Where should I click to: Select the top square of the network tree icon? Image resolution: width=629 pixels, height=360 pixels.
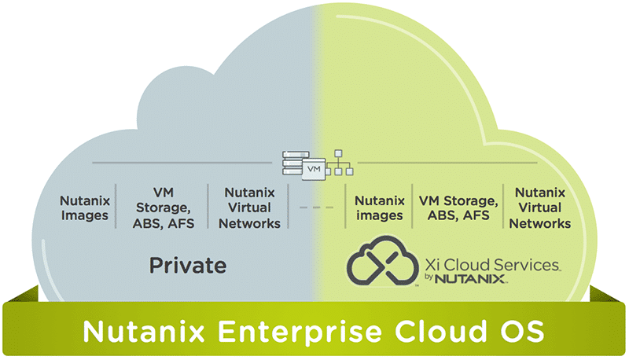pos(339,153)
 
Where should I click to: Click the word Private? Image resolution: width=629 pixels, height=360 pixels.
pos(188,264)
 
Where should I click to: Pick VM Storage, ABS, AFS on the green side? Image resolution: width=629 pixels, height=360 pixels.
pos(458,208)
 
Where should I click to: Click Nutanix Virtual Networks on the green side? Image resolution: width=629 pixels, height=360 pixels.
pos(541,208)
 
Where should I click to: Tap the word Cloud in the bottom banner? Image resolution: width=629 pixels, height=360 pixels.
pos(439,330)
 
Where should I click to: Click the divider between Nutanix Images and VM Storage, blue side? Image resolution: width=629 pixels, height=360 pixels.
pos(116,207)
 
